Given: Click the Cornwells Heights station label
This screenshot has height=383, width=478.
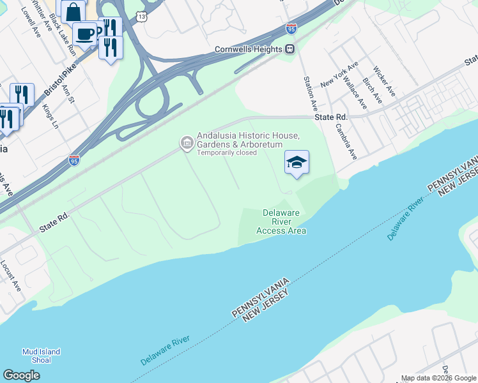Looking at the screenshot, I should [x=249, y=49].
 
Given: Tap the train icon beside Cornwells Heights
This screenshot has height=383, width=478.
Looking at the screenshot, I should [x=289, y=49].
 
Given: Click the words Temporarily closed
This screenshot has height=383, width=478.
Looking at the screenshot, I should [x=227, y=153].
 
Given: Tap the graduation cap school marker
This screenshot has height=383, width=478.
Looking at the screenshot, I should [x=297, y=163].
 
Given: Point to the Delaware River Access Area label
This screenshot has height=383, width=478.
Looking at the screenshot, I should [x=281, y=222].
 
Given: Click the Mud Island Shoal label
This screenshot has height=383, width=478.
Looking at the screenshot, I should [x=41, y=356].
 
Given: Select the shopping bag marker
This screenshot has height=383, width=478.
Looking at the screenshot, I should [x=73, y=11].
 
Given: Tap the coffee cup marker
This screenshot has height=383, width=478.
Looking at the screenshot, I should [x=84, y=33].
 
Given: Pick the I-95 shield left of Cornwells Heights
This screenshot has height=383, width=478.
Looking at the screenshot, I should [x=291, y=29].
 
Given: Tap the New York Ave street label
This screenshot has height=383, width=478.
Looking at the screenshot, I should [x=340, y=73].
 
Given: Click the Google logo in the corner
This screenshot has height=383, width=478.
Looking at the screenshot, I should [x=22, y=375].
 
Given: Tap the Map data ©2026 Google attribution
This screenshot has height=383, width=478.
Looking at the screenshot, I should [x=438, y=378].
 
